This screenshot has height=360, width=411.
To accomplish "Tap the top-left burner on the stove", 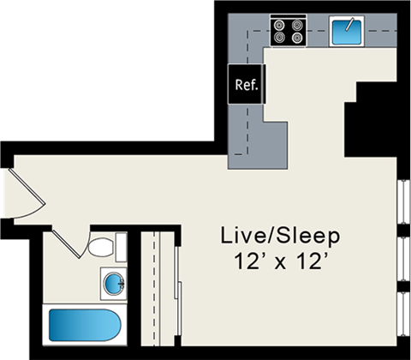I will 279,25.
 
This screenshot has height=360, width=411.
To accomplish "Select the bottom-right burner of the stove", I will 297,39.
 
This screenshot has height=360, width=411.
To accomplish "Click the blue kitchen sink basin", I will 348,32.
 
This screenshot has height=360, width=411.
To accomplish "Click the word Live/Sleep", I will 280,235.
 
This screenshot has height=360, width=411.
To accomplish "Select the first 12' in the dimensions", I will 243,261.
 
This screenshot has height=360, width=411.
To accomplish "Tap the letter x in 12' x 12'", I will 281,263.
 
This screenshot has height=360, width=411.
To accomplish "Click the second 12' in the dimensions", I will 313,261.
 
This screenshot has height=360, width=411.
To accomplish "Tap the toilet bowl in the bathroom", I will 101,249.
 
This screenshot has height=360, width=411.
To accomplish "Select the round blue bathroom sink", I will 112,281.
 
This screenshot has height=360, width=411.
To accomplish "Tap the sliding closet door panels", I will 175,291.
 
